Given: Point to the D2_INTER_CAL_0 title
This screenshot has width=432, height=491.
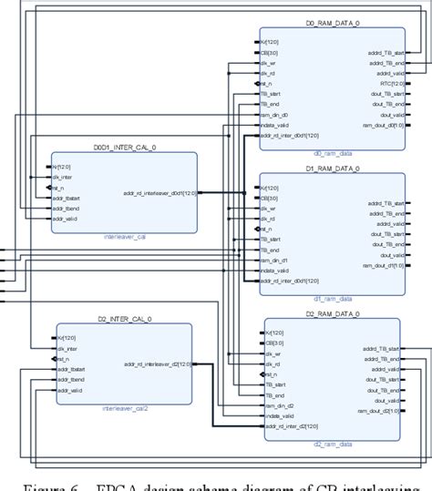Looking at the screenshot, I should [125, 319].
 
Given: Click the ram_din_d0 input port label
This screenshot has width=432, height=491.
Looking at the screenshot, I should [275, 114].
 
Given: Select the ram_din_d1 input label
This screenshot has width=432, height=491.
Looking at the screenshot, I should [275, 260].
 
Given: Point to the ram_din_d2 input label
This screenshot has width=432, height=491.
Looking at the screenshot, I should [280, 404].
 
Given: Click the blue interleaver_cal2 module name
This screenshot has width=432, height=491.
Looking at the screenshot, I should [126, 408].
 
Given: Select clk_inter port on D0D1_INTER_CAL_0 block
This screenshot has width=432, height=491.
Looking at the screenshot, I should [61, 177].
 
